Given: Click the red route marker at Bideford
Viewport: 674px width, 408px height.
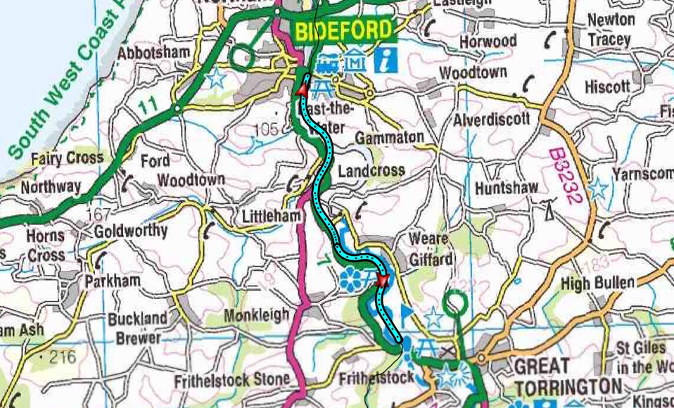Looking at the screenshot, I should point(301,89).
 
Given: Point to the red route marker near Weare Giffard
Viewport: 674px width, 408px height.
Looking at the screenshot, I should point(382,281).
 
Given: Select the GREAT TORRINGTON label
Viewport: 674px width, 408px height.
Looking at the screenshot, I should point(568,376).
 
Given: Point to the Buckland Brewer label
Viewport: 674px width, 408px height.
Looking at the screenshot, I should point(138,328).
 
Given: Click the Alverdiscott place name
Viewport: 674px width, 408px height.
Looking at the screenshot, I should point(491,119).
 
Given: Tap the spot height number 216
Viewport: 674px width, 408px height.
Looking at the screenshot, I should point(62,357).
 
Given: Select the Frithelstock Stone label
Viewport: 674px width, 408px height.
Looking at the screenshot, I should point(232,381).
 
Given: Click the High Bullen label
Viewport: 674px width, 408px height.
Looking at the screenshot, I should point(598,283).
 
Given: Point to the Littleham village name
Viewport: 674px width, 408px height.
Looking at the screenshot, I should point(270,216).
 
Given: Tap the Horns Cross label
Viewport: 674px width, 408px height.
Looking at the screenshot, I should point(46,246).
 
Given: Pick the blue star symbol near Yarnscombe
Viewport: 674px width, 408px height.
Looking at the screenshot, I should point(598,188).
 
